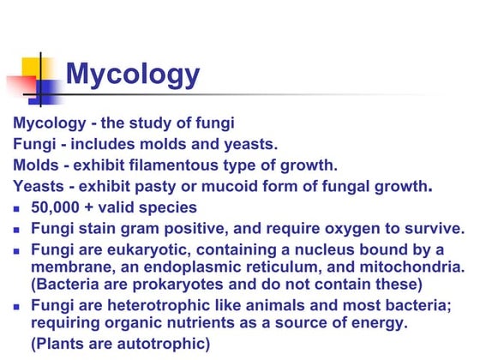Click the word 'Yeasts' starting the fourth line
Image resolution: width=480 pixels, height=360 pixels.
pyautogui.click(x=39, y=185)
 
